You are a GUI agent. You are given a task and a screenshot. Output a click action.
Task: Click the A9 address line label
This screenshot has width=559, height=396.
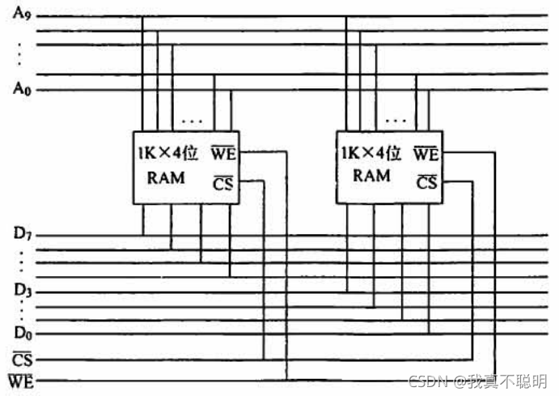pyautogui.click(x=22, y=15)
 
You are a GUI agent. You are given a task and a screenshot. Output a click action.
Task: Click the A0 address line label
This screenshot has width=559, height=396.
pyautogui.click(x=22, y=90)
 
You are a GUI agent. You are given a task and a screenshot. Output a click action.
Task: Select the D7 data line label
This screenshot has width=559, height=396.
pyautogui.click(x=22, y=236)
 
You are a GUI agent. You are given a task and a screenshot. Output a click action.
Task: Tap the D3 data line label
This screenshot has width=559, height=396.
pyautogui.click(x=22, y=289)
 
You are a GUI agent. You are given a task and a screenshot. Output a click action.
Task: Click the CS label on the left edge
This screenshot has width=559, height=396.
pyautogui.click(x=22, y=357)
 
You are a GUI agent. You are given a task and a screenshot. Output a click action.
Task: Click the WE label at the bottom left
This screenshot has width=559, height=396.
pyautogui.click(x=22, y=380)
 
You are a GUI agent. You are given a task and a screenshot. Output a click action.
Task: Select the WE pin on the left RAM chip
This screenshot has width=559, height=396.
pyautogui.click(x=222, y=151)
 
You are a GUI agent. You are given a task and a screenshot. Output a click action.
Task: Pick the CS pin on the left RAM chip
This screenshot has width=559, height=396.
pyautogui.click(x=222, y=183)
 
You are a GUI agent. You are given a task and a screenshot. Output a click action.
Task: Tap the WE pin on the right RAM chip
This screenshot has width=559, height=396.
pyautogui.click(x=426, y=151)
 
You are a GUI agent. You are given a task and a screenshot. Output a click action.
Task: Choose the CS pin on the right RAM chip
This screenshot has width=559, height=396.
pyautogui.click(x=426, y=183)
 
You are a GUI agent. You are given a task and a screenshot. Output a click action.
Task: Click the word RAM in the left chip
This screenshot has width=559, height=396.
pyautogui.click(x=165, y=177)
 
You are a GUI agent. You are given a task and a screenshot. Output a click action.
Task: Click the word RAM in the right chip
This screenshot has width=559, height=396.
pyautogui.click(x=371, y=176)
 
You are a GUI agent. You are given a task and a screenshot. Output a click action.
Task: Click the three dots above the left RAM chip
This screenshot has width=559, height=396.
pyautogui.click(x=193, y=121)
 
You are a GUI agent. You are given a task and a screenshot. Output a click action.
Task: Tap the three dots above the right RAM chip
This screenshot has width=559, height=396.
pyautogui.click(x=396, y=121)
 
